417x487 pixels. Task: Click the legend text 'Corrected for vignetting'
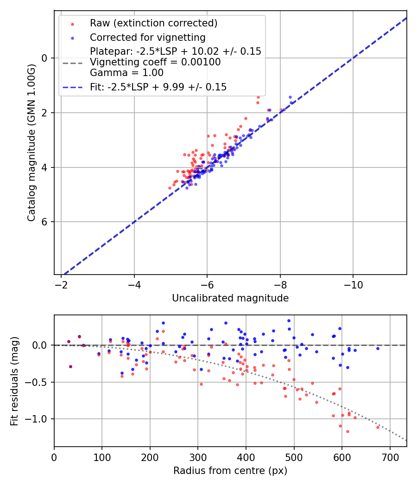147,37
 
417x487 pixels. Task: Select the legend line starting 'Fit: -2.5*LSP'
158,87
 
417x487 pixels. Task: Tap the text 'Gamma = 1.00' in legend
126,73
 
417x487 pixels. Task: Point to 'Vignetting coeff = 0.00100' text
155,62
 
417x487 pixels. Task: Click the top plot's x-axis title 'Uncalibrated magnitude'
230,298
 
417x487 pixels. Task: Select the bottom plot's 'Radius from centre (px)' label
230,471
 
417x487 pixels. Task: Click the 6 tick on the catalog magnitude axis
44,222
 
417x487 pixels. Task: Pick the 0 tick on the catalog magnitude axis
44,58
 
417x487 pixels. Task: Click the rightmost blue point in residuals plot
378,348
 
